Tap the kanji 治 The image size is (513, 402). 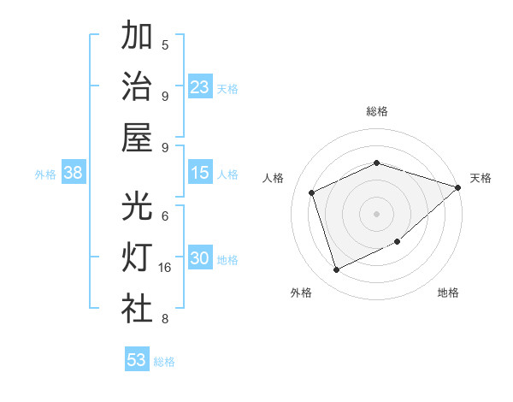tap(137, 86)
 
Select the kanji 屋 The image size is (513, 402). tap(137, 137)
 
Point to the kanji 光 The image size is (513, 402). tap(137, 206)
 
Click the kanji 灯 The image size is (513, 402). tap(137, 258)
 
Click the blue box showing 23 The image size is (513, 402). tap(199, 87)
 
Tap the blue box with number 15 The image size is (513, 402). tap(199, 173)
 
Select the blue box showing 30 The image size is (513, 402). tap(199, 258)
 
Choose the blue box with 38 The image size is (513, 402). tap(73, 173)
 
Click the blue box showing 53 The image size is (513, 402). tap(136, 360)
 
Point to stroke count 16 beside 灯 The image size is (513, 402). tap(165, 268)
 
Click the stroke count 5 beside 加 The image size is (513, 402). tap(165, 44)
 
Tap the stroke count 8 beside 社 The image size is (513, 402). tap(165, 319)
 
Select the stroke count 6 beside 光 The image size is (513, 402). tap(165, 216)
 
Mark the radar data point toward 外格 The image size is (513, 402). tap(336, 270)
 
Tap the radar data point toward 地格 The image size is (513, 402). tap(398, 242)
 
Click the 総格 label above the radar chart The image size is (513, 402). tap(377, 111)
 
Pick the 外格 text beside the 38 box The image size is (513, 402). tap(45, 174)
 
